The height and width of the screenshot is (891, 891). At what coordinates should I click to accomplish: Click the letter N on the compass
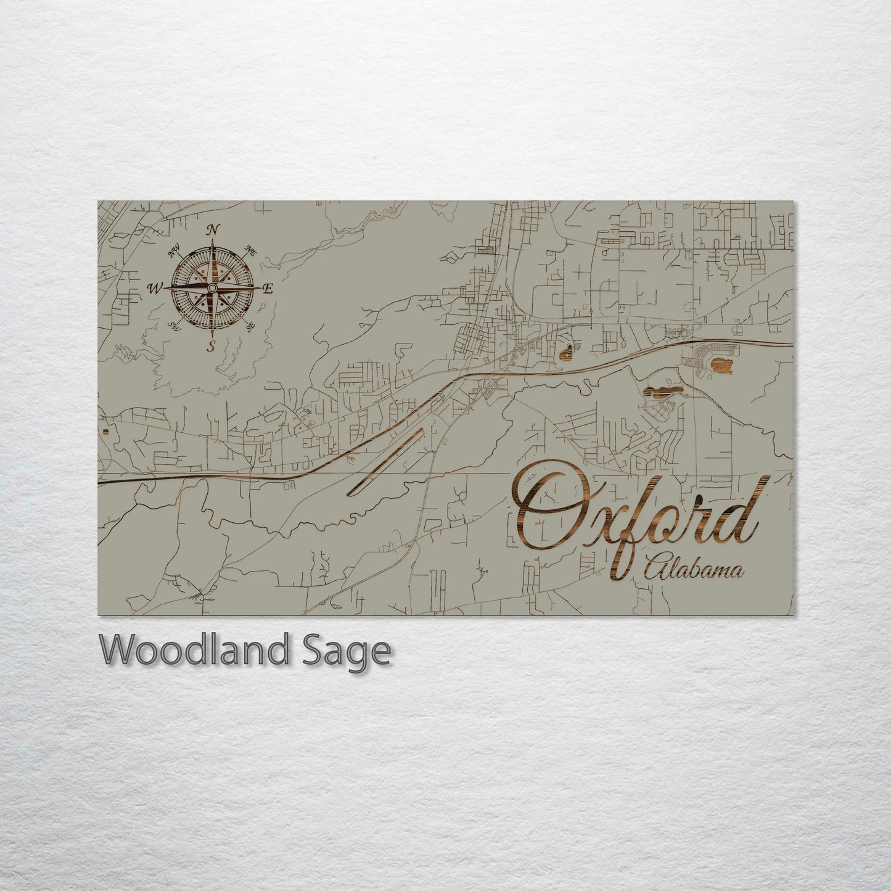point(213,229)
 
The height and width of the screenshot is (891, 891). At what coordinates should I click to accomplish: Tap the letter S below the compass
point(211,346)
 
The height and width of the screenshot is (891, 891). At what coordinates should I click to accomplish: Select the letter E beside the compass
point(268,289)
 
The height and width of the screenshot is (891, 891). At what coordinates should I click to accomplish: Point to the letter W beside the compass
point(154,287)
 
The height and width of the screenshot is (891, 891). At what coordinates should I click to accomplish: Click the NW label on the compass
point(173,250)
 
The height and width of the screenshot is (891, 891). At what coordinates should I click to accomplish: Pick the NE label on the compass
point(250,250)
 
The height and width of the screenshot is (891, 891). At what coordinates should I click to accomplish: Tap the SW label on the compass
point(175,326)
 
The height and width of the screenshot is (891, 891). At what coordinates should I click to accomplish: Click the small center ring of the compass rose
point(211,288)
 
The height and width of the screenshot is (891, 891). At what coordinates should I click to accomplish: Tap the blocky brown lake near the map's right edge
point(721,367)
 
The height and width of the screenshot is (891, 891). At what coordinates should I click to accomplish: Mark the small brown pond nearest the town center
point(566,353)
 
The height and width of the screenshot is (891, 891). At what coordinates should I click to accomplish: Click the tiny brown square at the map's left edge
point(106,432)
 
